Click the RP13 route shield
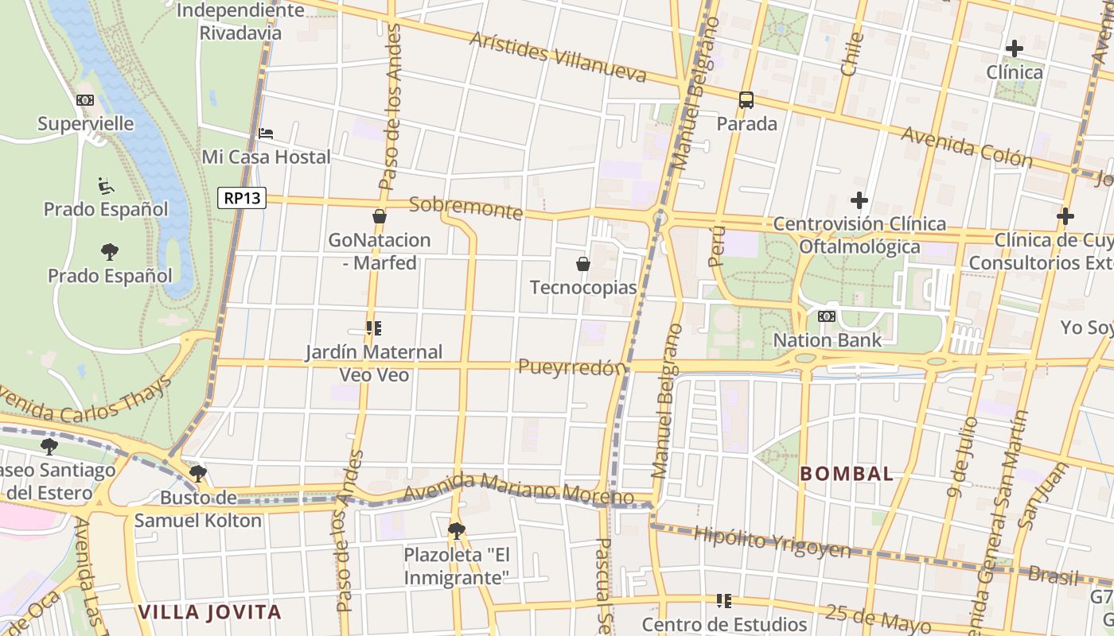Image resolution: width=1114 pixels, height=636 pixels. coord(242,198)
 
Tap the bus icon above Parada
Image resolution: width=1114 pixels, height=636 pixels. coord(746,100)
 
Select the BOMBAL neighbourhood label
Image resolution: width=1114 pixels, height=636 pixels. coord(847,474)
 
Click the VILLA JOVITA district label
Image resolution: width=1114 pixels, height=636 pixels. coord(210,612)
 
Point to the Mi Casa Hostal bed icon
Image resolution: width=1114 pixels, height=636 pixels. coord(267,134)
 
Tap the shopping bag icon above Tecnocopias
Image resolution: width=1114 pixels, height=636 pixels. coord(583,264)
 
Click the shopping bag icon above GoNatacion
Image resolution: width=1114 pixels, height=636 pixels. coord(380,216)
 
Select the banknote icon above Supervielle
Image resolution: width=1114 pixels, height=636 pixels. coord(85,100)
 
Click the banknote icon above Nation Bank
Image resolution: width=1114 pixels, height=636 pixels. coord(827,316)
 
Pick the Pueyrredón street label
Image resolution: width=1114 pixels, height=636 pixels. coord(572,366)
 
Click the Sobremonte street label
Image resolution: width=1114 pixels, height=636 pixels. coord(465,208)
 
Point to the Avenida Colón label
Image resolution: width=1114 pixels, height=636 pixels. coord(966,147)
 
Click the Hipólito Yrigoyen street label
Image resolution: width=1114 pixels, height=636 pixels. coord(772,541)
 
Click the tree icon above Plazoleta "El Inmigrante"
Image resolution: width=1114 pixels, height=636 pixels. coord(456,529)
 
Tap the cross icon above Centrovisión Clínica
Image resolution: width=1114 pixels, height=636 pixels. coord(859,200)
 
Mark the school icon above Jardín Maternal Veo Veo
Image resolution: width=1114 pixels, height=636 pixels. coord(374,328)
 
